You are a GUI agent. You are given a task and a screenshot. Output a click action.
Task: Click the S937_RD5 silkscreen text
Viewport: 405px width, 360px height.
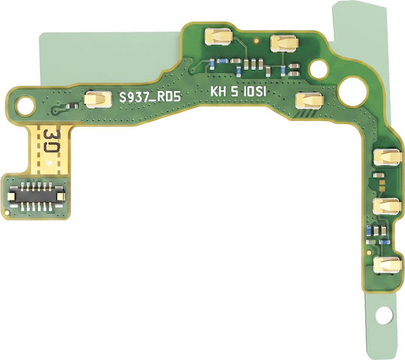(x=150, y=97)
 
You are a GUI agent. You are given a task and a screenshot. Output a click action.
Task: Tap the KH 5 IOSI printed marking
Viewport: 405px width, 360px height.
(x=238, y=92)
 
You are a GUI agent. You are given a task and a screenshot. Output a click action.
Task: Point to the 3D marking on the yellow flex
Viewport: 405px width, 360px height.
(x=52, y=142)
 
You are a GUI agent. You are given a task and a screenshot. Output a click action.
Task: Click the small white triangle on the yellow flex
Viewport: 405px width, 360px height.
(x=49, y=163)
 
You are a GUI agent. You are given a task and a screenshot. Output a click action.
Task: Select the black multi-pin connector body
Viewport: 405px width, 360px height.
(x=36, y=196)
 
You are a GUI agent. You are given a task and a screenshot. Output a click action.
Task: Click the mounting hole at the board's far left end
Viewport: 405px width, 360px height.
(x=25, y=105)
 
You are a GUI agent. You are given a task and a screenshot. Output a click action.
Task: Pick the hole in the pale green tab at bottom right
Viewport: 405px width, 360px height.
(x=383, y=315)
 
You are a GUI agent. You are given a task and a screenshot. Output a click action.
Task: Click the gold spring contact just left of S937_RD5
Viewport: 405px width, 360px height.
(x=98, y=100)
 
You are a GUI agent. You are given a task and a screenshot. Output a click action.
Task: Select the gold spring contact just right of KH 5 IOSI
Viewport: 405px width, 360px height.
(x=310, y=100)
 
